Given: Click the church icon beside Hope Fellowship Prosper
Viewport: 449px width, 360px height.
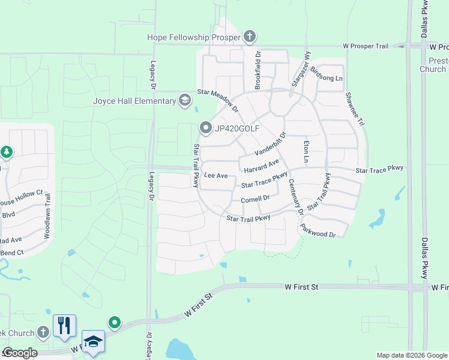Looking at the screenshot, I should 250,37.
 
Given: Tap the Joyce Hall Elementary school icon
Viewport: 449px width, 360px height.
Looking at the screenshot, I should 185,100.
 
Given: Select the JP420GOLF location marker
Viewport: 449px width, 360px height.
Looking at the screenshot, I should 205,127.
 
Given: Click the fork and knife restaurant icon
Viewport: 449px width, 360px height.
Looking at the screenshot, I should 64,325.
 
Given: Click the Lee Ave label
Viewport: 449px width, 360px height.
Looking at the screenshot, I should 215,176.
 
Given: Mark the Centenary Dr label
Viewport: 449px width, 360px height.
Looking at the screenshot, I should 295,197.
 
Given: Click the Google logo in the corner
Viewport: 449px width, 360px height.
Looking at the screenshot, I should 20,353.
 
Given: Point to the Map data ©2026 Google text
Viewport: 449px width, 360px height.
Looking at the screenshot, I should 411,355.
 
